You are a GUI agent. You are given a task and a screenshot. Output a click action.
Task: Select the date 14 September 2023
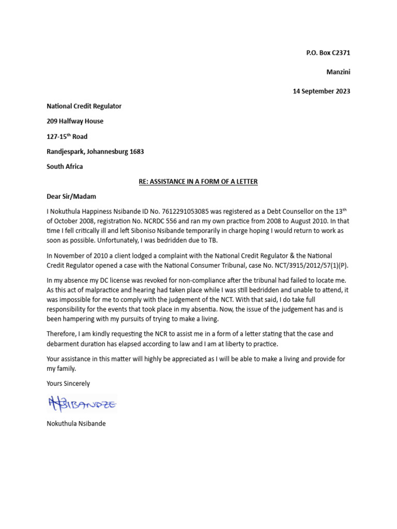click(322, 91)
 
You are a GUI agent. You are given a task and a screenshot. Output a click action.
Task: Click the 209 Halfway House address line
click(75, 121)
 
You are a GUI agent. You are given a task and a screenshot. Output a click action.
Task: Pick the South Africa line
click(65, 166)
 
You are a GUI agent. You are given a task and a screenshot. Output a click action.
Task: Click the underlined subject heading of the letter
click(198, 181)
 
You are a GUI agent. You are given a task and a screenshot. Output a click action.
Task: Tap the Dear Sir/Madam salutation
click(71, 196)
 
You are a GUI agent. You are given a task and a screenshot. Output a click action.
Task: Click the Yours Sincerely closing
click(68, 383)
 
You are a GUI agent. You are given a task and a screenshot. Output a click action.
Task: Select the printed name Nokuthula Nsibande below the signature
click(76, 423)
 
